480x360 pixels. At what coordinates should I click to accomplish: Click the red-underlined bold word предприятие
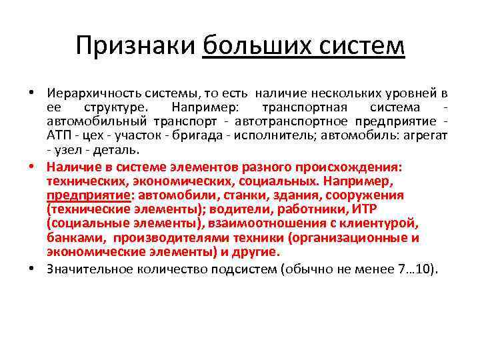[89, 195]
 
